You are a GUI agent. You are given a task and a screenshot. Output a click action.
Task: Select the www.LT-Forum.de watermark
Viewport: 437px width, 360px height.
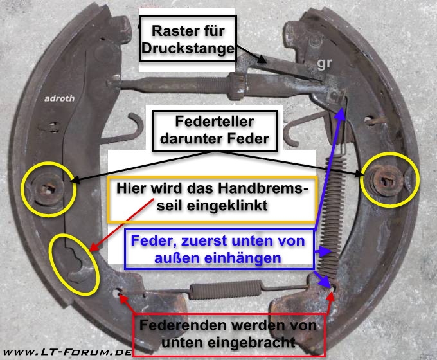(67, 352)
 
